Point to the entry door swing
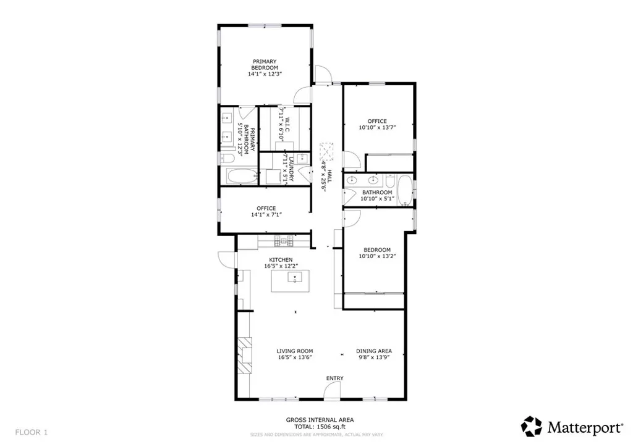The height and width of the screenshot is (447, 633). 332,390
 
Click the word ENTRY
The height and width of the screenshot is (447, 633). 334,378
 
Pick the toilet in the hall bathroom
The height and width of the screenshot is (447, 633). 390,180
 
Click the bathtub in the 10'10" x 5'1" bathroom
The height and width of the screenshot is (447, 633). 404,190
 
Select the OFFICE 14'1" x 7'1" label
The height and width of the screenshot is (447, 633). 266,212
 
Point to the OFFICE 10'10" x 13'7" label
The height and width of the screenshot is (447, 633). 377,125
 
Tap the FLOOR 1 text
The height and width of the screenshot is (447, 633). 31,432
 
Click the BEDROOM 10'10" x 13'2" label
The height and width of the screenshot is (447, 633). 376,253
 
